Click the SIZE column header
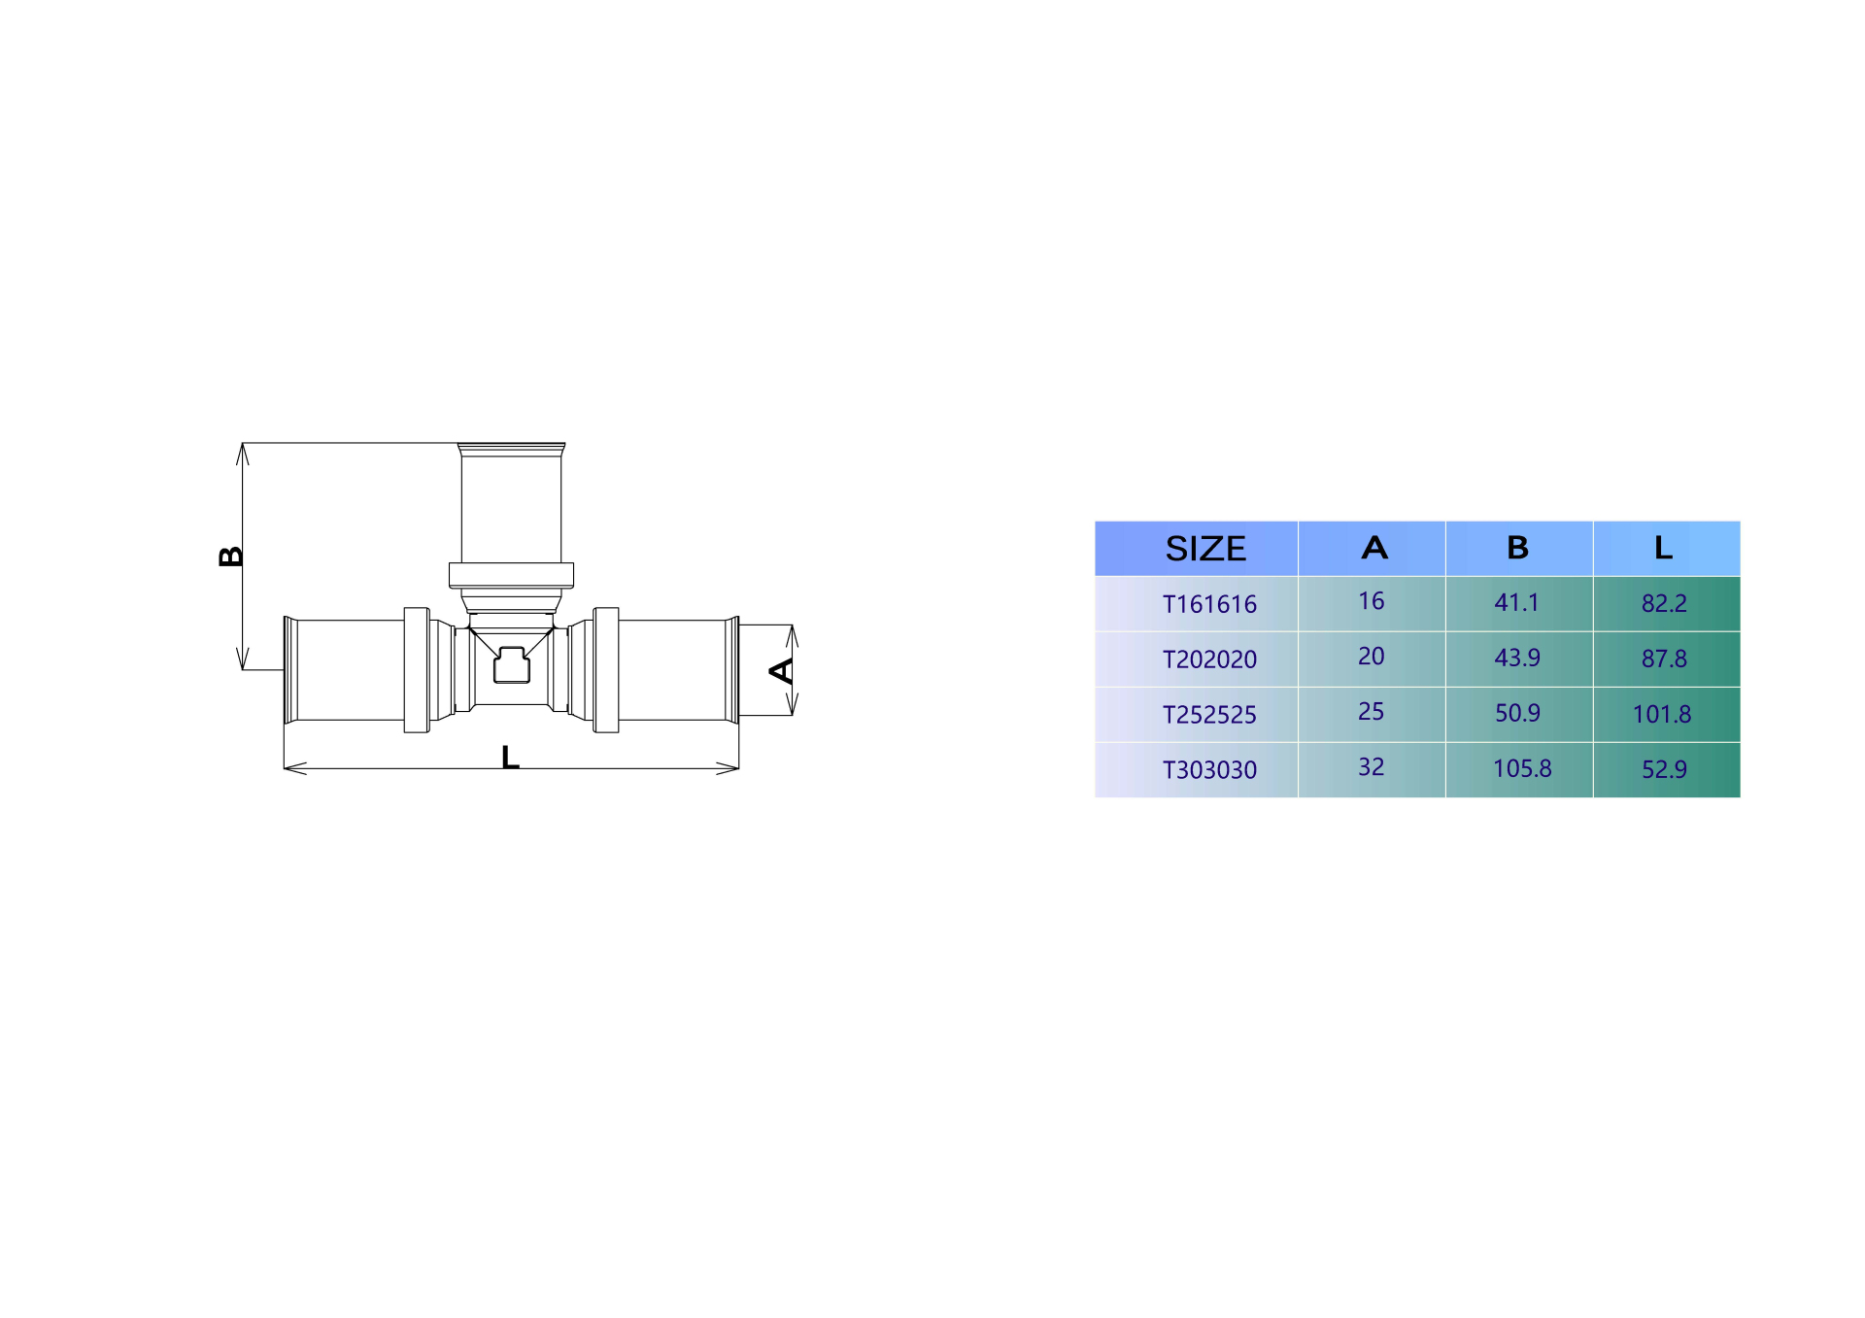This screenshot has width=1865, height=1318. (x=1205, y=549)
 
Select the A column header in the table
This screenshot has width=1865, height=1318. (x=1374, y=548)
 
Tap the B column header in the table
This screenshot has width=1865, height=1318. (x=1517, y=548)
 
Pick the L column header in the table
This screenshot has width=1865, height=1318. (x=1664, y=548)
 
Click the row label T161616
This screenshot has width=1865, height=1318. (x=1209, y=604)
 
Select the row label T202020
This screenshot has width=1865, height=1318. (x=1209, y=659)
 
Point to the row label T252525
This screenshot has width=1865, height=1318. (x=1209, y=715)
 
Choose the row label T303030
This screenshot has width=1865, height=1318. (x=1209, y=770)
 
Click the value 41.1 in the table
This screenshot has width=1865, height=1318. (x=1516, y=602)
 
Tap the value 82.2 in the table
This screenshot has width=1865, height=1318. (x=1664, y=603)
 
